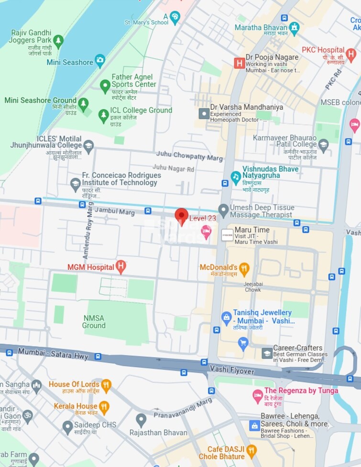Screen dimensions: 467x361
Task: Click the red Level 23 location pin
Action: point(181,216)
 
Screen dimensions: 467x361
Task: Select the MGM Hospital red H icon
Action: point(121,267)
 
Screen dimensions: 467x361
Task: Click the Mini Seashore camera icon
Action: point(99,61)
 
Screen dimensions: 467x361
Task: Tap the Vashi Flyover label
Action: point(231,369)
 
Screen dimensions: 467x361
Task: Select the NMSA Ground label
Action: point(94,321)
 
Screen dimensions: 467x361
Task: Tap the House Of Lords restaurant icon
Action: point(106,385)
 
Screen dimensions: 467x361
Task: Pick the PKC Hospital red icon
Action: point(351,53)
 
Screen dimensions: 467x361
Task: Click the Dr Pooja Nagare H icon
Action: point(239,63)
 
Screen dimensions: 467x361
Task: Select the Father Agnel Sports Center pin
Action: point(105,86)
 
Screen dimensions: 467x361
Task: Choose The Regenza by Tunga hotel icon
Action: point(258,395)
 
